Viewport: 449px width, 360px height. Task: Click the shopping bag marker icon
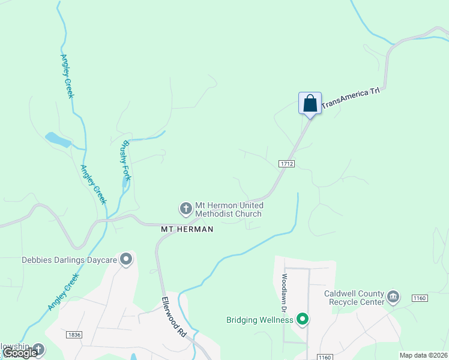click(310, 103)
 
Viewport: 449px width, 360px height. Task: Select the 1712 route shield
click(286, 163)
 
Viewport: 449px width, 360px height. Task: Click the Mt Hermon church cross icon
click(186, 209)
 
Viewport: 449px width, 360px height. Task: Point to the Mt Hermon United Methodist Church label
click(229, 209)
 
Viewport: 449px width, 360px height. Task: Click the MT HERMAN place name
click(187, 229)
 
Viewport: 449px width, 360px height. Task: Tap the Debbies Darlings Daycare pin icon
click(126, 259)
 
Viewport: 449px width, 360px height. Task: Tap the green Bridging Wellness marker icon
click(303, 319)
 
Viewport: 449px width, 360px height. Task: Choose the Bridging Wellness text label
click(259, 320)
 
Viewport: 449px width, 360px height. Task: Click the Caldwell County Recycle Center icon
click(393, 296)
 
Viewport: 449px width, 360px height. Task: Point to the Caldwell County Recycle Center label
click(354, 298)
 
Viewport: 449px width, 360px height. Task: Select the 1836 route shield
click(74, 335)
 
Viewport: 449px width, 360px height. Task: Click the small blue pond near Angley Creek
click(58, 140)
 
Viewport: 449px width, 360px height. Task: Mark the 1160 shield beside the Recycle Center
click(419, 298)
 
